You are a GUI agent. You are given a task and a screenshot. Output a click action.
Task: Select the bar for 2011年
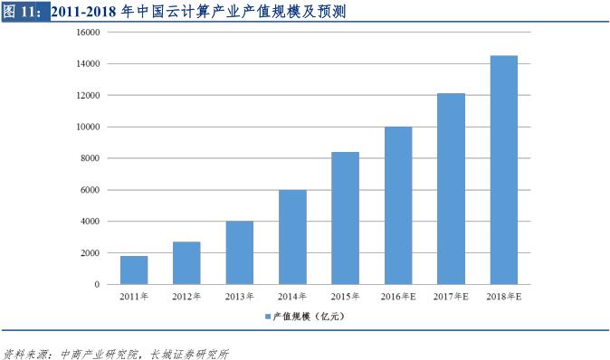click(x=134, y=270)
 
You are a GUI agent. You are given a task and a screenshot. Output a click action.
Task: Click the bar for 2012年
click(x=186, y=263)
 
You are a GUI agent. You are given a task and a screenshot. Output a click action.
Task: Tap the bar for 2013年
click(x=240, y=252)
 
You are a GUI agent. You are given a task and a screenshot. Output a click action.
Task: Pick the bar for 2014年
click(x=292, y=237)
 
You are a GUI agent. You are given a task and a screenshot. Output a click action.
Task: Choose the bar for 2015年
click(x=345, y=218)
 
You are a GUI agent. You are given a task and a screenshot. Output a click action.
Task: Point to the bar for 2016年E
click(x=398, y=205)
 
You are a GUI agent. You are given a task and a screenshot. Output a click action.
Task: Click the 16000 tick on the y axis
click(x=88, y=33)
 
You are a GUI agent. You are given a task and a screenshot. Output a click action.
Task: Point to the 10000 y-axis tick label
click(x=88, y=128)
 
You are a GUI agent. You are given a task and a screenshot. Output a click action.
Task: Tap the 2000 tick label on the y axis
click(x=90, y=253)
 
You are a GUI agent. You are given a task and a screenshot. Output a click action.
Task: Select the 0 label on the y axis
click(x=97, y=285)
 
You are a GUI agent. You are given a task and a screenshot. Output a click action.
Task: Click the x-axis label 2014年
click(x=292, y=297)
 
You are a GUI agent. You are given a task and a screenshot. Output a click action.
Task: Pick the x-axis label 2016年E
click(x=398, y=297)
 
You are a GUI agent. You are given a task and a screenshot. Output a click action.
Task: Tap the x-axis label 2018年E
click(x=504, y=297)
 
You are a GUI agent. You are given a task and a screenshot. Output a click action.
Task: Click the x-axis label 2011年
click(x=134, y=297)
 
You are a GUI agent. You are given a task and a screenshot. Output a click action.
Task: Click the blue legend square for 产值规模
click(x=268, y=317)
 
